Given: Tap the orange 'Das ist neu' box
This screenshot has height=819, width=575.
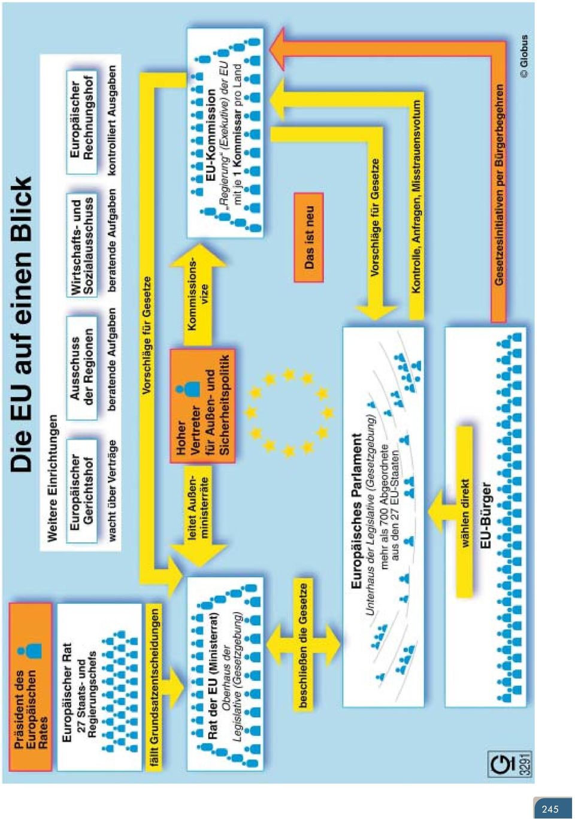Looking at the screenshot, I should pos(308,237).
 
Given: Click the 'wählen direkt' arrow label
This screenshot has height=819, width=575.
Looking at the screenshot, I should pos(465,512).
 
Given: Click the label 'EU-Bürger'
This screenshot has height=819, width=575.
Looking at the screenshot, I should pos(486,515).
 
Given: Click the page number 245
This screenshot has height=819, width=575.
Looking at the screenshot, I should pos(550,809).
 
